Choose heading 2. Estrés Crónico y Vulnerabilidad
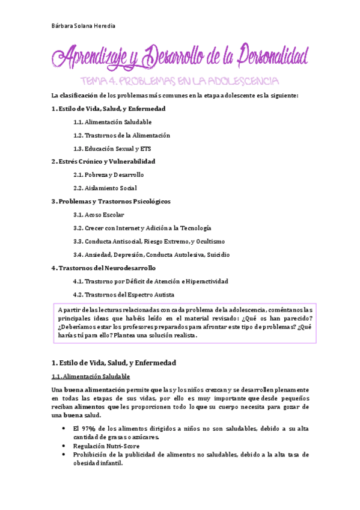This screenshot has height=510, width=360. (x=103, y=161)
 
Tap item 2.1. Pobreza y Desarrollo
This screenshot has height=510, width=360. (x=108, y=174)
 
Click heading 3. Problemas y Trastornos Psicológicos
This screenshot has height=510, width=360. (x=111, y=201)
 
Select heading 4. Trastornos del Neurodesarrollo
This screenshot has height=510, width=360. (x=103, y=268)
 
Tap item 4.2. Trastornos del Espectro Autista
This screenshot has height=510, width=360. (x=123, y=295)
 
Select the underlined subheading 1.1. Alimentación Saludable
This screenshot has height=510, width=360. (x=90, y=376)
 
